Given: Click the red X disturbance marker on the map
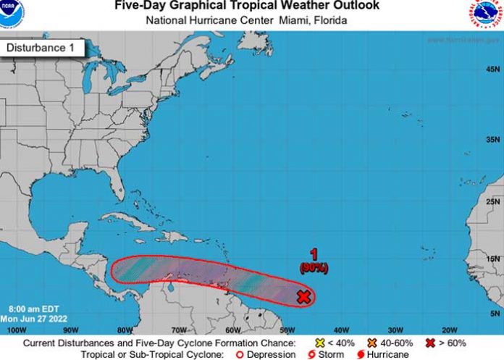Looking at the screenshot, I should (x=304, y=297).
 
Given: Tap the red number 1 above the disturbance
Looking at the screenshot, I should (x=314, y=255).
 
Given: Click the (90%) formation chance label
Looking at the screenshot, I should (x=314, y=268).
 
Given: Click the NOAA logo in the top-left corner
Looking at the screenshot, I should (x=12, y=11).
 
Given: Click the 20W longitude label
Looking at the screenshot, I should (x=449, y=330).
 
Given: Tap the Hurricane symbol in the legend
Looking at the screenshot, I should (x=360, y=354).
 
